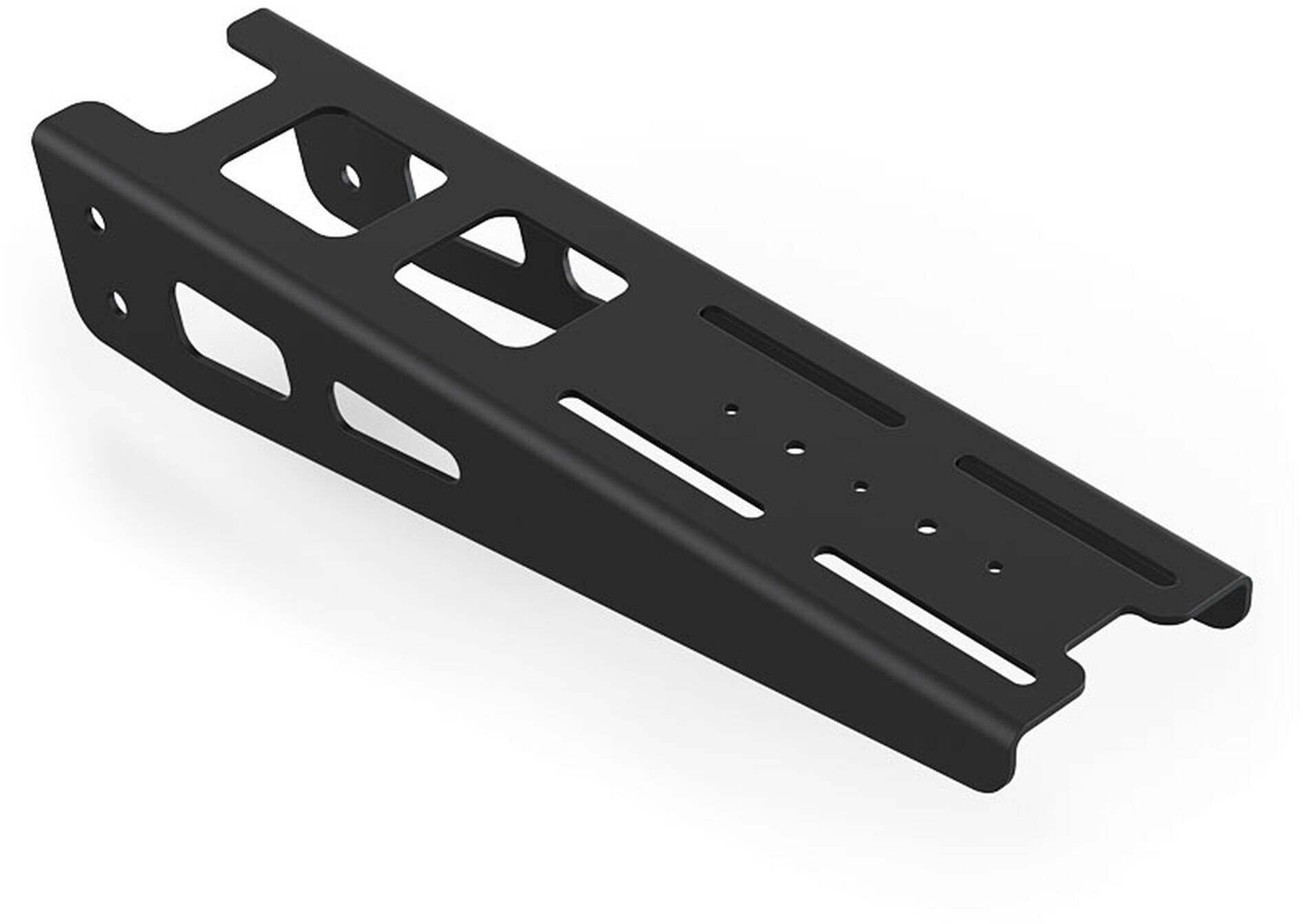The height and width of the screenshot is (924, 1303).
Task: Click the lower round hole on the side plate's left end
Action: pos(119,303)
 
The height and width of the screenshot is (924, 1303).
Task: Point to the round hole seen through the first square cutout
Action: pos(352,175)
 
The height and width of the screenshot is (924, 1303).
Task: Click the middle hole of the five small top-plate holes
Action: pos(860,487)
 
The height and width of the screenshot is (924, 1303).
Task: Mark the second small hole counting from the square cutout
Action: pos(795,448)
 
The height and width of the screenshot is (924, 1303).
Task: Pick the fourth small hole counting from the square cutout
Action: pos(927,529)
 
